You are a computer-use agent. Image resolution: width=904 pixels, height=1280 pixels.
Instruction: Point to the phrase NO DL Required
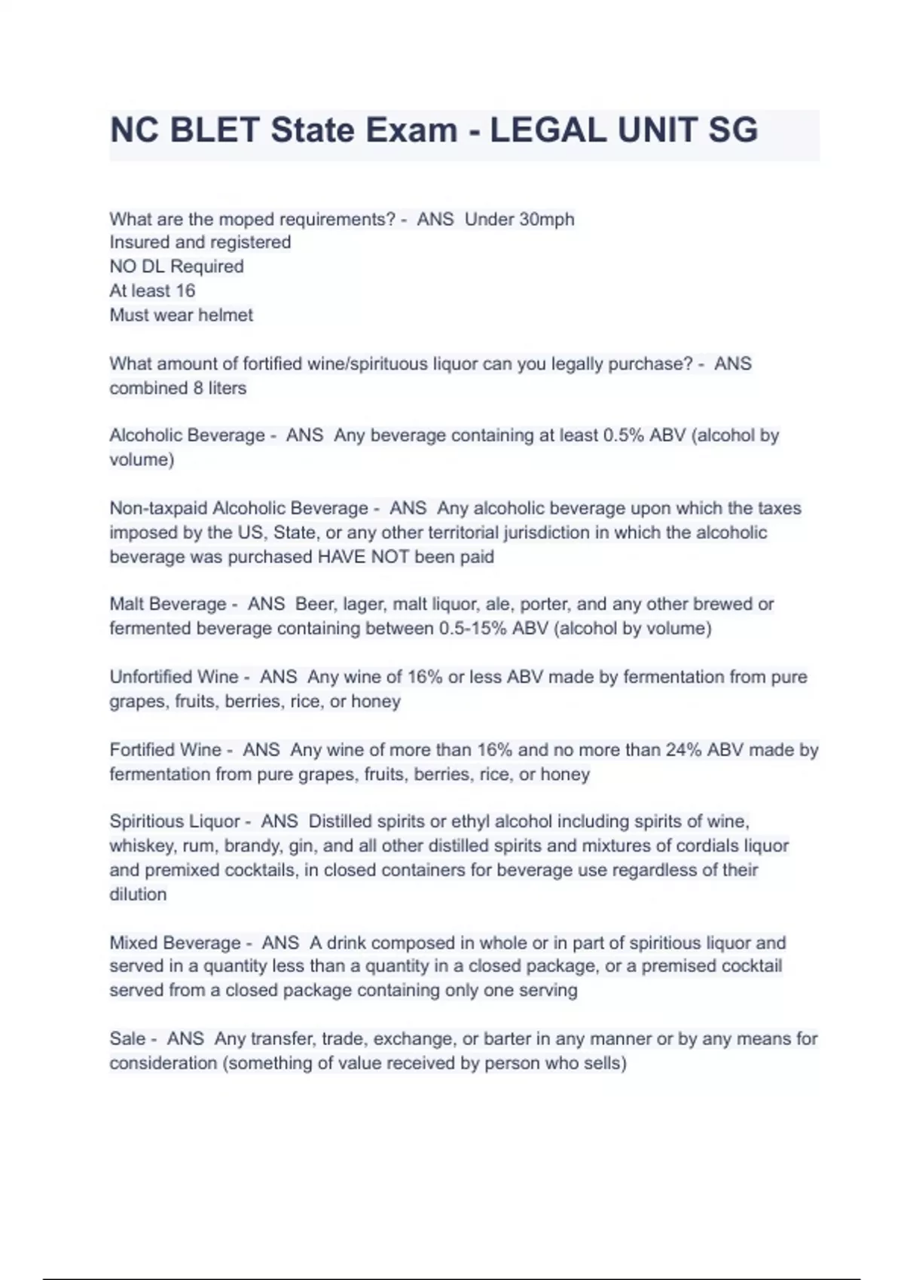click(x=176, y=267)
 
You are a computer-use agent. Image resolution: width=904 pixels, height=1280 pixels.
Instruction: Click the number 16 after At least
click(x=185, y=291)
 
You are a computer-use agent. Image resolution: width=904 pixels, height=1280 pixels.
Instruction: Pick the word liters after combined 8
click(x=227, y=388)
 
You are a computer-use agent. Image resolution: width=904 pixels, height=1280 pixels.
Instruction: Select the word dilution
click(x=138, y=894)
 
